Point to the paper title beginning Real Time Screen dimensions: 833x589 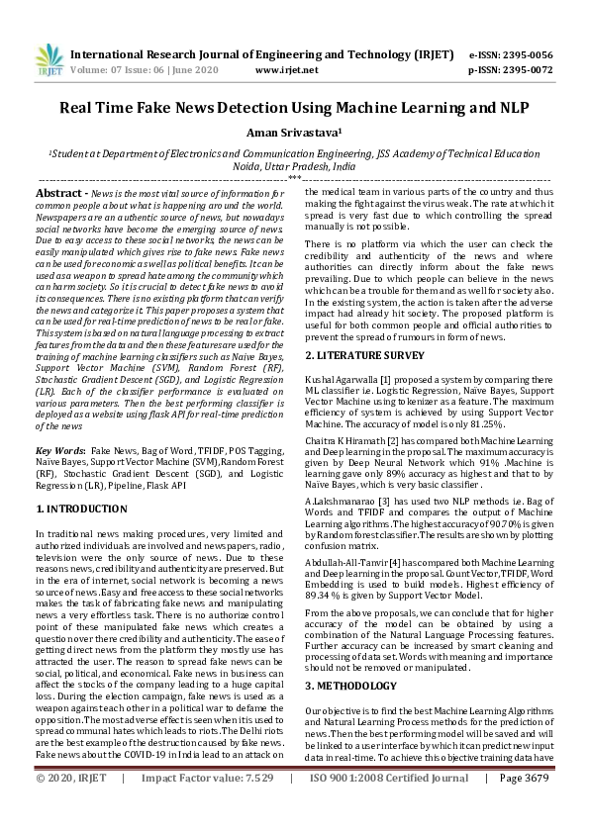click(294, 108)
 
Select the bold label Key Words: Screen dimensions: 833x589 click(59, 449)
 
